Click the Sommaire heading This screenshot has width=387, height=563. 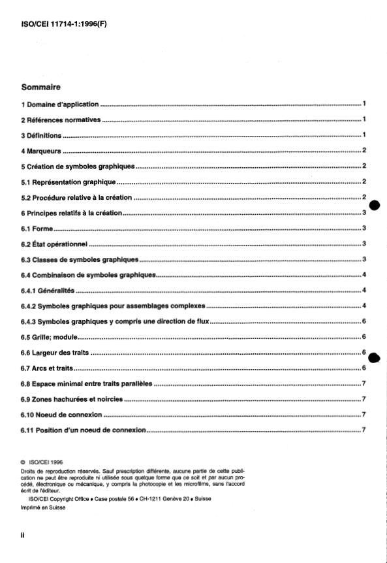[40, 86]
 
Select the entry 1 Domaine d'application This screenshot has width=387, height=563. [59, 104]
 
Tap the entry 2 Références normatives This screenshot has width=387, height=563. [61, 120]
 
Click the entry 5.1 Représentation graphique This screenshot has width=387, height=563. [68, 182]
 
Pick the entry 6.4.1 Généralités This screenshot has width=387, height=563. [48, 290]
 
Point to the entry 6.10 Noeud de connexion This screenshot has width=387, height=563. [61, 415]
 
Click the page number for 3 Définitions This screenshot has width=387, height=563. [364, 135]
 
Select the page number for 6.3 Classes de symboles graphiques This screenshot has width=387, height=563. [364, 259]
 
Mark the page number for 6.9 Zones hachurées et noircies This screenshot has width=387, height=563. [364, 399]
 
